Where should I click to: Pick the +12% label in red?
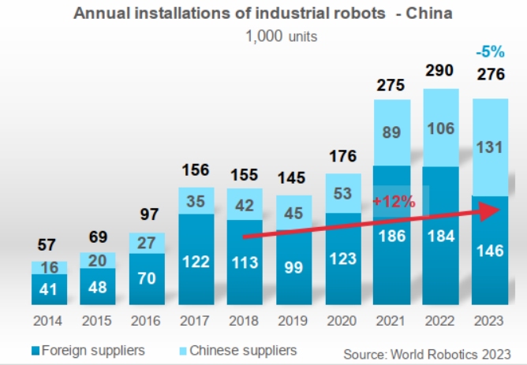393,201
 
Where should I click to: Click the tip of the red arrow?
501,210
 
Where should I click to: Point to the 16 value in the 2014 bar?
49,267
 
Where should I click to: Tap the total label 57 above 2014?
49,245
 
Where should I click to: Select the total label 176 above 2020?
342,157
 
